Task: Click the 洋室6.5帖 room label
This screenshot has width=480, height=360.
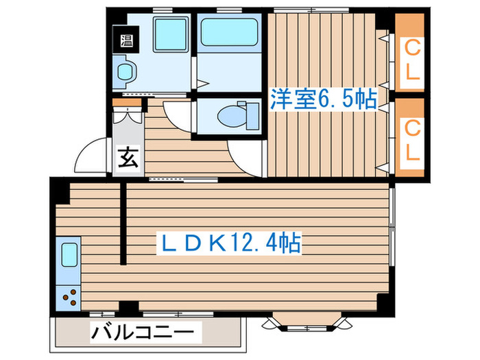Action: pyautogui.click(x=324, y=99)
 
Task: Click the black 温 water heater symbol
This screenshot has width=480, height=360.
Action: pyautogui.click(x=128, y=40)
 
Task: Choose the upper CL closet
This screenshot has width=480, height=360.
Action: pyautogui.click(x=411, y=60)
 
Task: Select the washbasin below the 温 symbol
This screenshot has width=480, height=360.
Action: pyautogui.click(x=125, y=71)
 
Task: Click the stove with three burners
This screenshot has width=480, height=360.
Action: pyautogui.click(x=69, y=297)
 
